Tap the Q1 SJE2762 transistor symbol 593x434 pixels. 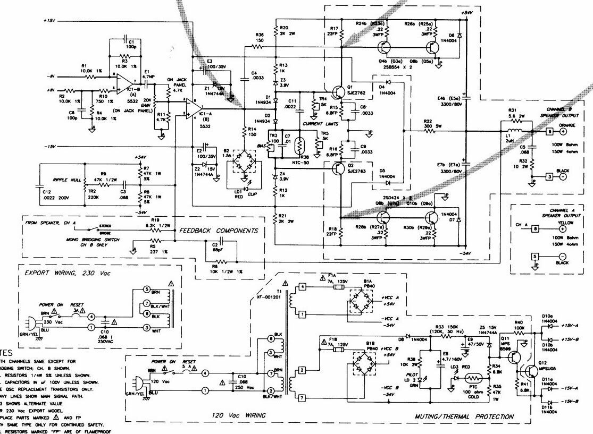(x=336, y=91)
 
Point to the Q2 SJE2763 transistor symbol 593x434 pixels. (x=336, y=169)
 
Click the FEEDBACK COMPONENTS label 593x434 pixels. (x=219, y=231)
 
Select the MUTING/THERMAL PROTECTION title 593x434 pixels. (x=464, y=416)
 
